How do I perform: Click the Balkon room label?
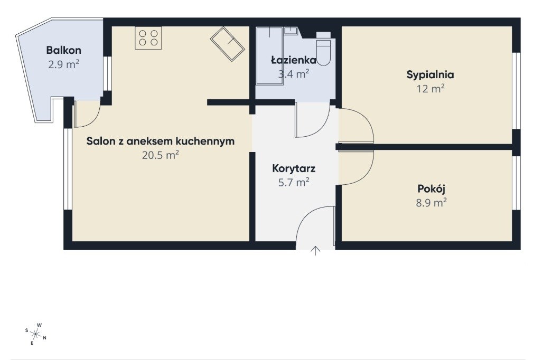click(64, 50)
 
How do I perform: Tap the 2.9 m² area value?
click(64, 64)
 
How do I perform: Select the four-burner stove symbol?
click(148, 38)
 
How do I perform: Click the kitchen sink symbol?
click(228, 44)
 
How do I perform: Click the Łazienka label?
click(294, 60)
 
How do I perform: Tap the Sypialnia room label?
click(430, 75)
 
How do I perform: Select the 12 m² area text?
click(430, 89)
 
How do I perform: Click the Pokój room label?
click(431, 188)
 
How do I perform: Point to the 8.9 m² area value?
click(431, 203)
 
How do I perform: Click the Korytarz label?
click(294, 168)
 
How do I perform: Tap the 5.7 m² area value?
click(294, 182)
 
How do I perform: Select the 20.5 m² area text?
click(161, 155)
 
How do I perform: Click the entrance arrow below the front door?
click(315, 251)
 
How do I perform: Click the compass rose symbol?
click(35, 334)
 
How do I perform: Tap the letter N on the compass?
click(45, 338)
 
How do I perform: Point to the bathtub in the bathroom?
click(269, 56)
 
